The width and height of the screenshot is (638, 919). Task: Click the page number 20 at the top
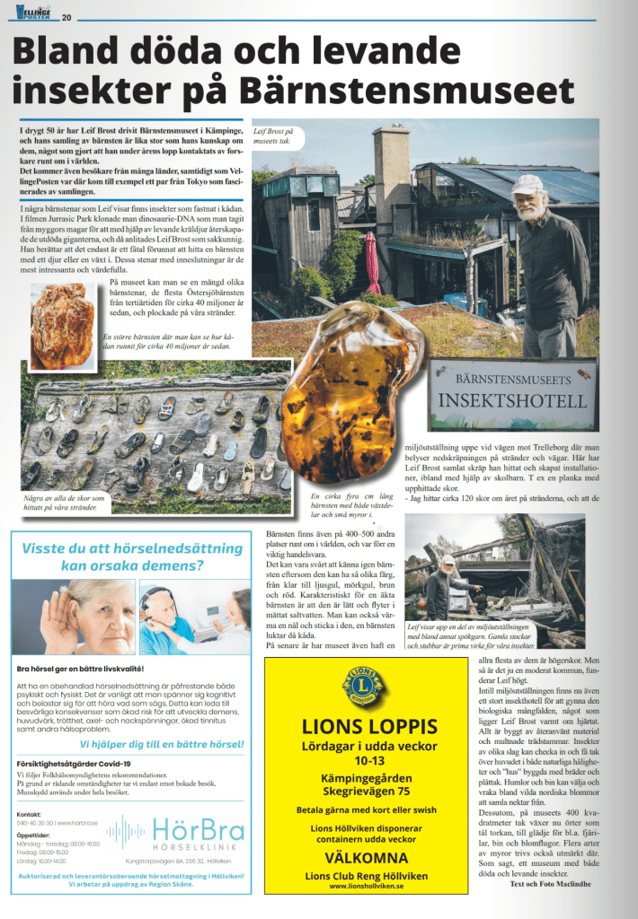click(66, 15)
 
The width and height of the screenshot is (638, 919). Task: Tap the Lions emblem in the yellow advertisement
click(364, 687)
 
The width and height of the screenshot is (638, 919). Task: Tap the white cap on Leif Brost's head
click(527, 183)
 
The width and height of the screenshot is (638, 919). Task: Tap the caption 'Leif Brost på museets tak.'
click(273, 136)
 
